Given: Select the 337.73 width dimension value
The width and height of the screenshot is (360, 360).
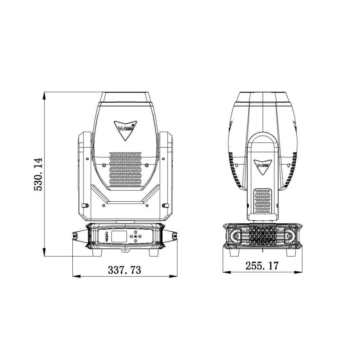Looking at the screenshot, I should pyautogui.click(x=124, y=270).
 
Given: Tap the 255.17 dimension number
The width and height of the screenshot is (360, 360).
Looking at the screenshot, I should pyautogui.click(x=262, y=266).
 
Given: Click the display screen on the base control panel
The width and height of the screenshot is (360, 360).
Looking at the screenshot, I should pyautogui.click(x=119, y=236).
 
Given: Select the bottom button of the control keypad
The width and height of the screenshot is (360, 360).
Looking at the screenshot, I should pyautogui.click(x=135, y=241).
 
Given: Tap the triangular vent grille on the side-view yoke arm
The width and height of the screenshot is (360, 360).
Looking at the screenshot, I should pyautogui.click(x=263, y=200).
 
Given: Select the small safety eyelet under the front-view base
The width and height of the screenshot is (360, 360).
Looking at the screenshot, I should pyautogui.click(x=125, y=251).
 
